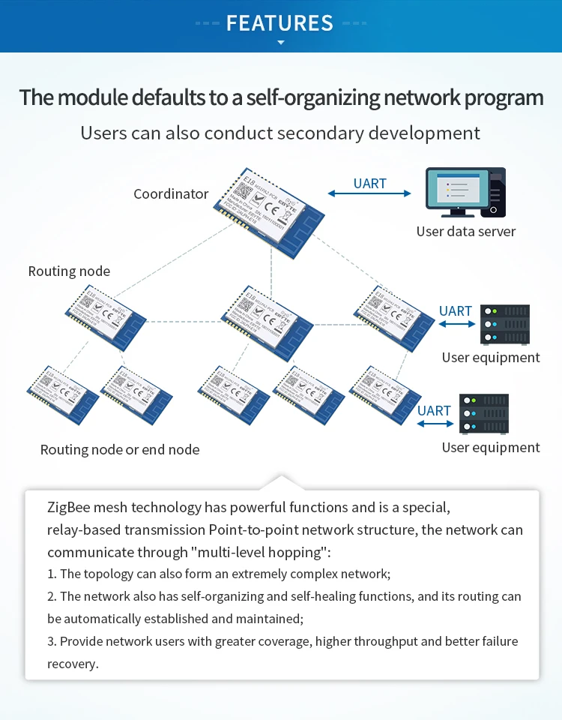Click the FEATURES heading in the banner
[280, 22]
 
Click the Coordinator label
[171, 194]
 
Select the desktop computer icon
[465, 192]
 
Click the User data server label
[466, 232]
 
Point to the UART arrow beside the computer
[369, 193]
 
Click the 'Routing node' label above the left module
[69, 271]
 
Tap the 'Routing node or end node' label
[120, 450]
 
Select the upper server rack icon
[504, 323]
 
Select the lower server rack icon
[483, 413]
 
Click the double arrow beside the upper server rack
[456, 324]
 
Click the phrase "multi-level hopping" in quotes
[260, 553]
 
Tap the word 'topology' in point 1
[107, 574]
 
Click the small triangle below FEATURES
[281, 43]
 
